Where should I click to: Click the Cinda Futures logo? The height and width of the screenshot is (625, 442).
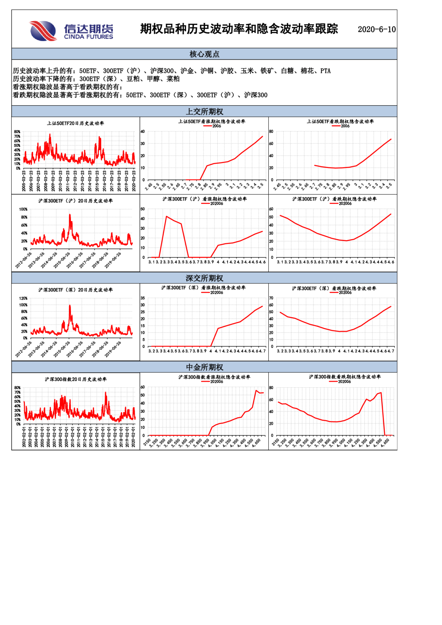tap(71, 31)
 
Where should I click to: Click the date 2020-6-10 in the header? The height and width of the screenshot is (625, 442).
tap(376, 29)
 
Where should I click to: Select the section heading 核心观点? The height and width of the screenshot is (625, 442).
tap(204, 54)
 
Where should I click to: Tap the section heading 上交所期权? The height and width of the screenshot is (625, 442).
tap(204, 112)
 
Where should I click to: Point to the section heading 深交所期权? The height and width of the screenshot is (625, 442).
tap(204, 278)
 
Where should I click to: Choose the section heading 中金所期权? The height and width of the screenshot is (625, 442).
tap(204, 367)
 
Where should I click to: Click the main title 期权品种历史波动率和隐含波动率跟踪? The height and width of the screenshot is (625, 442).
tap(239, 29)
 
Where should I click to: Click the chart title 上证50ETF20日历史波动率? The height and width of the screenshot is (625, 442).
tap(75, 123)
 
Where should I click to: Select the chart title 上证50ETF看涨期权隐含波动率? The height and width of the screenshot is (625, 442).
tap(211, 122)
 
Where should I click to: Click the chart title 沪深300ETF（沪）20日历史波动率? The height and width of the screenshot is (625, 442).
tap(75, 201)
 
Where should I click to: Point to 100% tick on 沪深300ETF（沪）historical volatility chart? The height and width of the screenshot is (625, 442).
tap(23, 209)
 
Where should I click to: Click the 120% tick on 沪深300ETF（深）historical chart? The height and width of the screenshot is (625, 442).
tap(23, 299)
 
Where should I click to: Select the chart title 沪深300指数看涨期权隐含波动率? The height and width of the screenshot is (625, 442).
tap(214, 377)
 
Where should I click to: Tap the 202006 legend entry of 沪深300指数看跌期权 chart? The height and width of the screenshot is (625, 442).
tap(344, 382)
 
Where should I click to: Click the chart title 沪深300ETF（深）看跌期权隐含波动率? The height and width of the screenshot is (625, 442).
tap(334, 288)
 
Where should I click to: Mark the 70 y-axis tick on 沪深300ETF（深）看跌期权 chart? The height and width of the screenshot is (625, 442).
tap(271, 298)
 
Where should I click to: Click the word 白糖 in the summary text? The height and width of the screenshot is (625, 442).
tap(287, 71)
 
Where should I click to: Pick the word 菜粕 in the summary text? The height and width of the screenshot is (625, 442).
tap(173, 79)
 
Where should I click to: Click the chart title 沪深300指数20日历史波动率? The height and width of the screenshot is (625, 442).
tap(75, 379)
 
